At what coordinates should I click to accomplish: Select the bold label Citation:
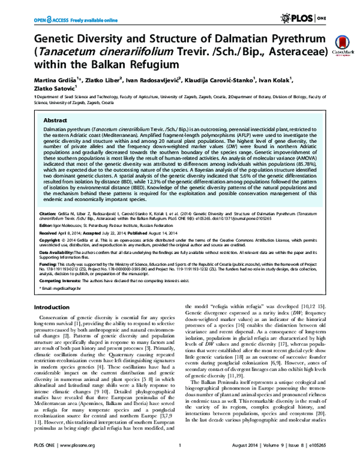(49, 213)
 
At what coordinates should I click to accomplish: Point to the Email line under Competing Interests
(61, 289)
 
